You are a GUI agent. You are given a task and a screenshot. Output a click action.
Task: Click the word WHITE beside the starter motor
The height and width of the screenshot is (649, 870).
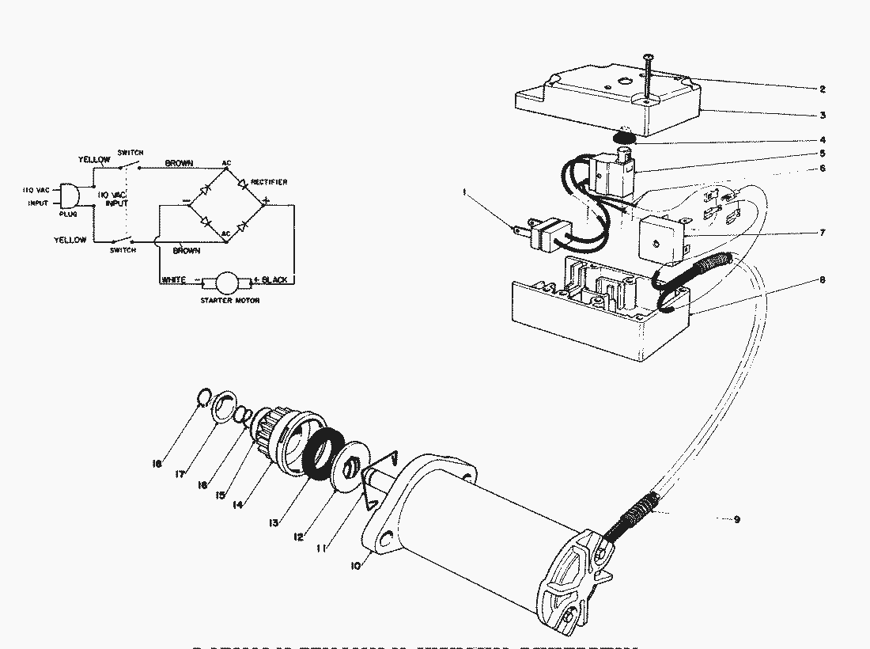[174, 280]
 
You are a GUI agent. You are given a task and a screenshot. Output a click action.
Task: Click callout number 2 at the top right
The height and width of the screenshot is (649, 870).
[823, 89]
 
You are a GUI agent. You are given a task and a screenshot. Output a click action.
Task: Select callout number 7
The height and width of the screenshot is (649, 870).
[823, 233]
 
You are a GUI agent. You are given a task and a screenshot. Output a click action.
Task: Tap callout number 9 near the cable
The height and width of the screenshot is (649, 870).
[736, 520]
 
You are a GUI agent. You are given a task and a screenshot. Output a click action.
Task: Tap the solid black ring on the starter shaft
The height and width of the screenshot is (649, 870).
[322, 456]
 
